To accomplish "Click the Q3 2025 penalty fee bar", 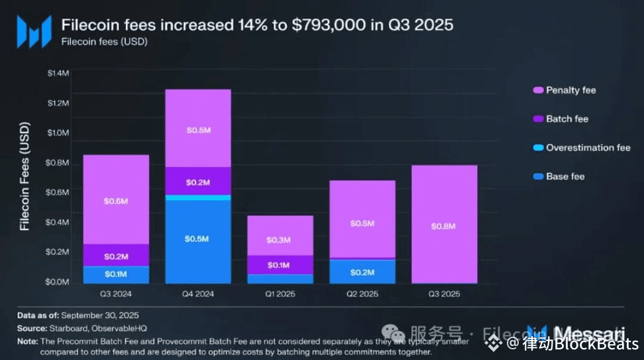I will [x=444, y=199].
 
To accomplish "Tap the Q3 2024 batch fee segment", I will [x=116, y=255].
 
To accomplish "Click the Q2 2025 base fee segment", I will [x=362, y=272].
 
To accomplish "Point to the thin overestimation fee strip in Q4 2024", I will [x=197, y=198].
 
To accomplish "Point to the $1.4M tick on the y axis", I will [x=58, y=72].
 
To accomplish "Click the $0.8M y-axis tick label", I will [x=58, y=162].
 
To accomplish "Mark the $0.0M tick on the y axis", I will [x=58, y=282].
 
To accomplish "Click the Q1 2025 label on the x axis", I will [x=279, y=293].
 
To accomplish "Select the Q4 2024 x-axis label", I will [x=197, y=293].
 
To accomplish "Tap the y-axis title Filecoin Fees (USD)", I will [x=25, y=176].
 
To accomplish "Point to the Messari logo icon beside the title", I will [x=34, y=31].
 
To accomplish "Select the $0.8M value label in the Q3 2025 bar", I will [x=444, y=226].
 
